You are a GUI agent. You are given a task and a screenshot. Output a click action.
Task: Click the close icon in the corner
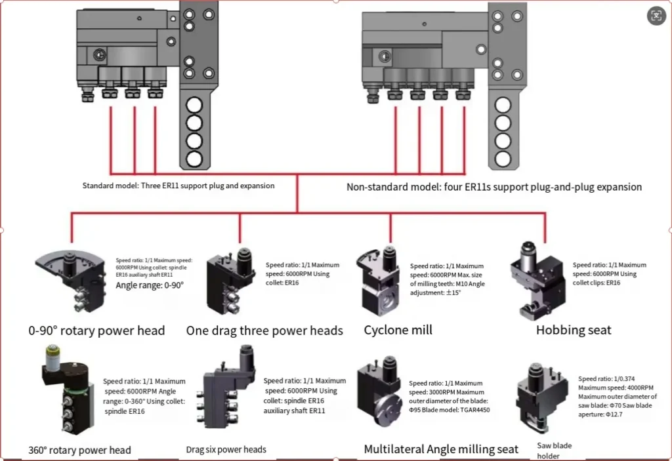click(656, 16)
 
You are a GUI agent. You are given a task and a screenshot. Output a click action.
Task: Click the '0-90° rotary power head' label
click(96, 330)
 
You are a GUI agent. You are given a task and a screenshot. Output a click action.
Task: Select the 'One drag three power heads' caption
click(264, 330)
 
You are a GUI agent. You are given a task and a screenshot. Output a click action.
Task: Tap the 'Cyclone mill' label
click(398, 330)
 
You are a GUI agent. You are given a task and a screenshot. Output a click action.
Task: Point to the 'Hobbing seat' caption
click(574, 330)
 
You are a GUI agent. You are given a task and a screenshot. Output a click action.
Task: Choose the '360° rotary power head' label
click(80, 450)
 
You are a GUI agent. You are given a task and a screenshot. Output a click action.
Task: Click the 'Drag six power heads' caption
click(226, 449)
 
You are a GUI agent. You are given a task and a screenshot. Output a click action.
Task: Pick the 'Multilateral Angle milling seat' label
click(441, 449)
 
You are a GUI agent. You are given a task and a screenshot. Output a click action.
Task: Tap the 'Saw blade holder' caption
click(555, 451)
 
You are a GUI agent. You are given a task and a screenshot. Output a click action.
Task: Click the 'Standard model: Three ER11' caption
click(178, 186)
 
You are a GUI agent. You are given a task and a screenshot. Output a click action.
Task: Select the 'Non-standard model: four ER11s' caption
click(494, 187)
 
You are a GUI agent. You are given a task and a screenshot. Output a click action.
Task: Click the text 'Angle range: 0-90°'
click(150, 286)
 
